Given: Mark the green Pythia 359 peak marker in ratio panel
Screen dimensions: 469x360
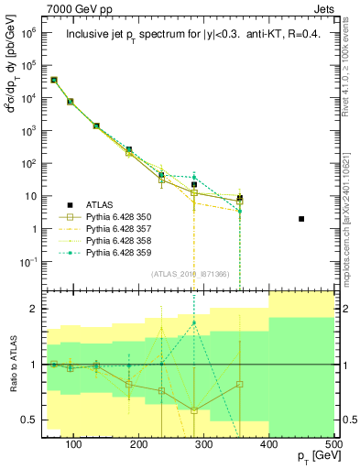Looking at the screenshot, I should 194,323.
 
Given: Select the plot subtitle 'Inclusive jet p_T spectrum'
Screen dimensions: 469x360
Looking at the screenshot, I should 147,34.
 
